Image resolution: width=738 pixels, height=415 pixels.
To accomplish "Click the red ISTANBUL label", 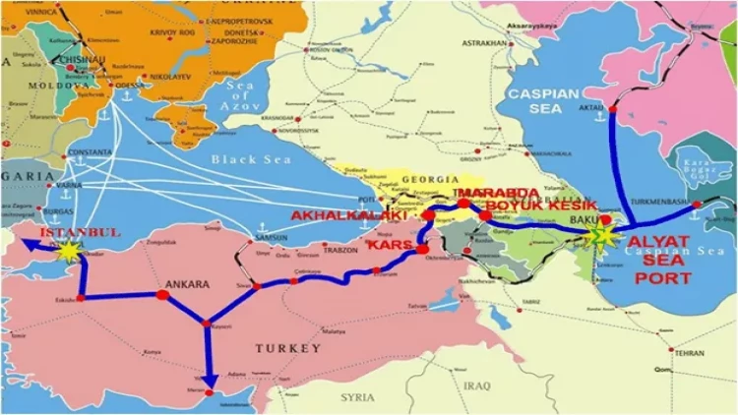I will (x=80, y=232).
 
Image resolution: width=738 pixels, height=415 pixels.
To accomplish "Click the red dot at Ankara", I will (x=162, y=294).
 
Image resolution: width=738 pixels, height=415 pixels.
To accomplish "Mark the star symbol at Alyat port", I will (x=596, y=237).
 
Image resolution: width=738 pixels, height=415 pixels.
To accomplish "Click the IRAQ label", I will (x=475, y=385).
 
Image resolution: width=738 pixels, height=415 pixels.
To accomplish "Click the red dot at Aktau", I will (x=612, y=109).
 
